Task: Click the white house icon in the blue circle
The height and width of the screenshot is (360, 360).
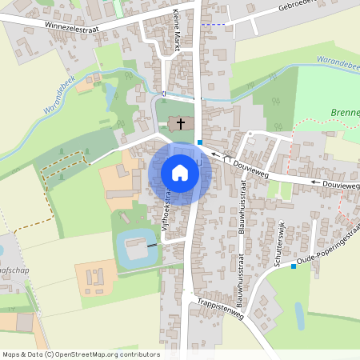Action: tap(180, 172)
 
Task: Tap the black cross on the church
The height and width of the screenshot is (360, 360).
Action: tap(182, 123)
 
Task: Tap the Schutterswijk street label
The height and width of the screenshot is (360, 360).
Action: tap(278, 242)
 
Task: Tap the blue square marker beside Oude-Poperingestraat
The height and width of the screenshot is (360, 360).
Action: tap(294, 266)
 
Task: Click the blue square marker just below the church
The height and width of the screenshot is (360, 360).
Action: tap(199, 142)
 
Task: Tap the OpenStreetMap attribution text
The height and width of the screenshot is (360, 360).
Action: tap(80, 354)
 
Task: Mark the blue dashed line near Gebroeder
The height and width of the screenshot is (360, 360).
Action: tap(212, 25)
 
